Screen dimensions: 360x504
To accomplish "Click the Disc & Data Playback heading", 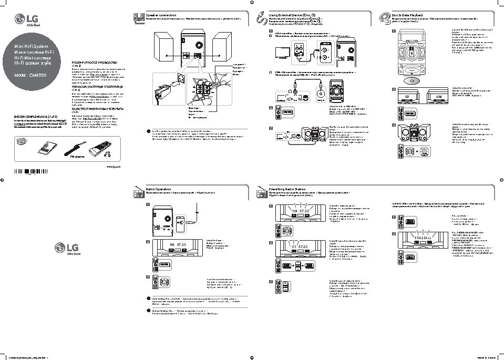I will point(407,15).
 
